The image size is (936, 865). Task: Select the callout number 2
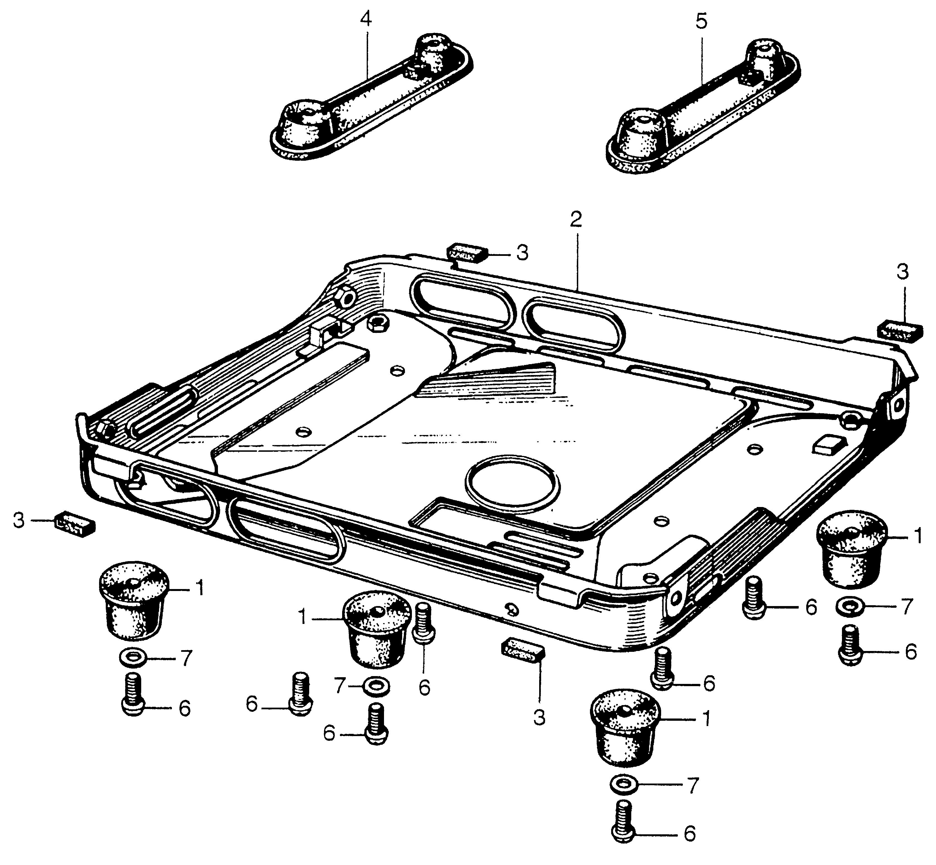tap(576, 220)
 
